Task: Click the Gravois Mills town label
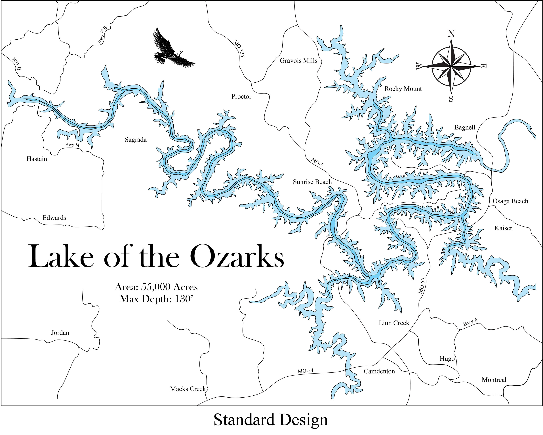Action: pyautogui.click(x=298, y=61)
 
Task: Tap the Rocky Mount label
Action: pyautogui.click(x=403, y=89)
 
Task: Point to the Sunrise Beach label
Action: pyautogui.click(x=312, y=182)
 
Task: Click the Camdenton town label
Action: pyautogui.click(x=379, y=371)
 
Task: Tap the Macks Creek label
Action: pyautogui.click(x=188, y=389)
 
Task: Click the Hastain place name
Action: pyautogui.click(x=37, y=159)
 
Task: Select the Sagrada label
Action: pyautogui.click(x=136, y=140)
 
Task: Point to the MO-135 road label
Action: pyautogui.click(x=239, y=48)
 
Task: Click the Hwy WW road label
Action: pyautogui.click(x=102, y=35)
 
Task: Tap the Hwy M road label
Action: pyautogui.click(x=72, y=145)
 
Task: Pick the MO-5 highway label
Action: pyautogui.click(x=317, y=162)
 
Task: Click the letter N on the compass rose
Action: pyautogui.click(x=451, y=33)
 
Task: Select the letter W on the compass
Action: pyautogui.click(x=419, y=66)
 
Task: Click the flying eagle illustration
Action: pyautogui.click(x=171, y=50)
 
